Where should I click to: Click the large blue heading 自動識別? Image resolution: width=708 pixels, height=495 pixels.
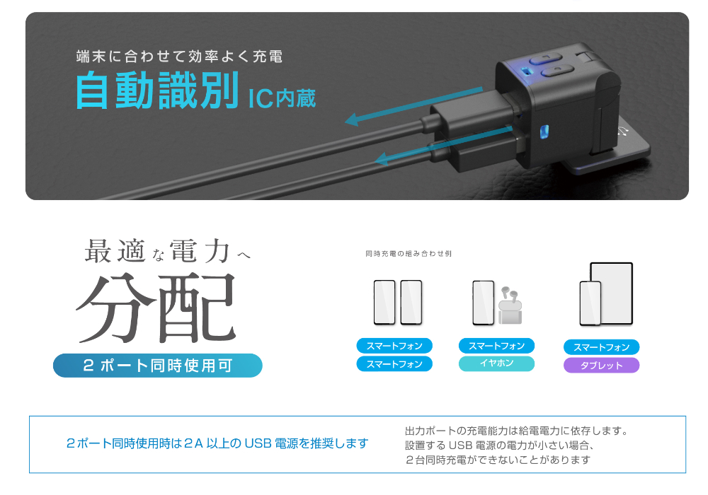[156, 91]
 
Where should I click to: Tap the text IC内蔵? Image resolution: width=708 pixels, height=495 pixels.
[282, 98]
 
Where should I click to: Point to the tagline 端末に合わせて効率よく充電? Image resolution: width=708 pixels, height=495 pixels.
[179, 57]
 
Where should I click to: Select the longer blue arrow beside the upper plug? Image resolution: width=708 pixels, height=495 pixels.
[413, 106]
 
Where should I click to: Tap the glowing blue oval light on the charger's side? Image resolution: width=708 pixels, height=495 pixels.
[544, 132]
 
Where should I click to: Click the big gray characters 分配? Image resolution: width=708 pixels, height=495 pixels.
[156, 308]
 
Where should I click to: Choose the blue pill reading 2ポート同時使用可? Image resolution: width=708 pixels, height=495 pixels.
[158, 365]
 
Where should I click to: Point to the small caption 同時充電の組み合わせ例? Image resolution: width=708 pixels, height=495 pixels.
[409, 254]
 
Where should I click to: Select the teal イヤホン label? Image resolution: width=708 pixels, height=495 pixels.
[497, 363]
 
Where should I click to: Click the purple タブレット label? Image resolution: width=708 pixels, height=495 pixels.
[601, 365]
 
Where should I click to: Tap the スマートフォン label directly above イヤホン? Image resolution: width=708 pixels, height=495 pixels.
[497, 346]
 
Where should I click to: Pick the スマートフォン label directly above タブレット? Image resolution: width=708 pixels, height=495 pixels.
[601, 347]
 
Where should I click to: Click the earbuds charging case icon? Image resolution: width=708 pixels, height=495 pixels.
[510, 305]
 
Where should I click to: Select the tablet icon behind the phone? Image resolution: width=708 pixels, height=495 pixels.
[612, 293]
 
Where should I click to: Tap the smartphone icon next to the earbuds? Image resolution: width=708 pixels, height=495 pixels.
[483, 303]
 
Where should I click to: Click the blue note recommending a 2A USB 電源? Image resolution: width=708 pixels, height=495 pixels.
[217, 443]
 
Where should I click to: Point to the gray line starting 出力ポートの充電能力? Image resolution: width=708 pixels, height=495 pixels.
[517, 431]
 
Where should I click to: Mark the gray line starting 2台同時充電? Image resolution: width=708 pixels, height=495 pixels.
[498, 460]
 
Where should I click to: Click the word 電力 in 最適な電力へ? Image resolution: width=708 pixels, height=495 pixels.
[200, 251]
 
